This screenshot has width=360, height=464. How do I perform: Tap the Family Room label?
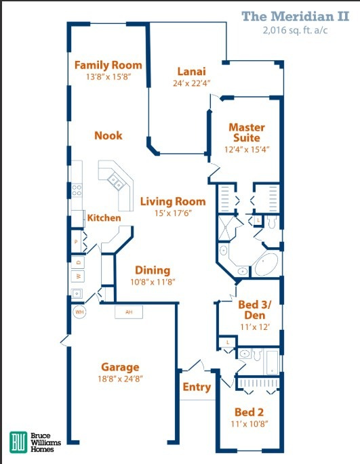point(108,65)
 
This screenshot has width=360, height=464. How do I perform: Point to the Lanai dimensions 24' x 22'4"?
point(191,84)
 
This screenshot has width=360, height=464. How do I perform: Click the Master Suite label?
point(246,132)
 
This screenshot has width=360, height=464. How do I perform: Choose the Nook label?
point(108,135)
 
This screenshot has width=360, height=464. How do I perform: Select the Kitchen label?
point(104,218)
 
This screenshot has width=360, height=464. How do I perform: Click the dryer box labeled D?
point(78,261)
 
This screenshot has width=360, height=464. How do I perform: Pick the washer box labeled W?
point(78,276)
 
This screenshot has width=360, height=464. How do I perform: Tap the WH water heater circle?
point(79,312)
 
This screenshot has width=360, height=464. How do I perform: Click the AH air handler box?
point(128,312)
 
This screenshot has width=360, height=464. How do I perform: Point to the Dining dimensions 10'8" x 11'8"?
point(152,282)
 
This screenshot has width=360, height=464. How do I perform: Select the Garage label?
point(119,367)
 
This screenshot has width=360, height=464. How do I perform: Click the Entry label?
point(197,387)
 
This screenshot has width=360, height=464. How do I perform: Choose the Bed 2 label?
point(249,412)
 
